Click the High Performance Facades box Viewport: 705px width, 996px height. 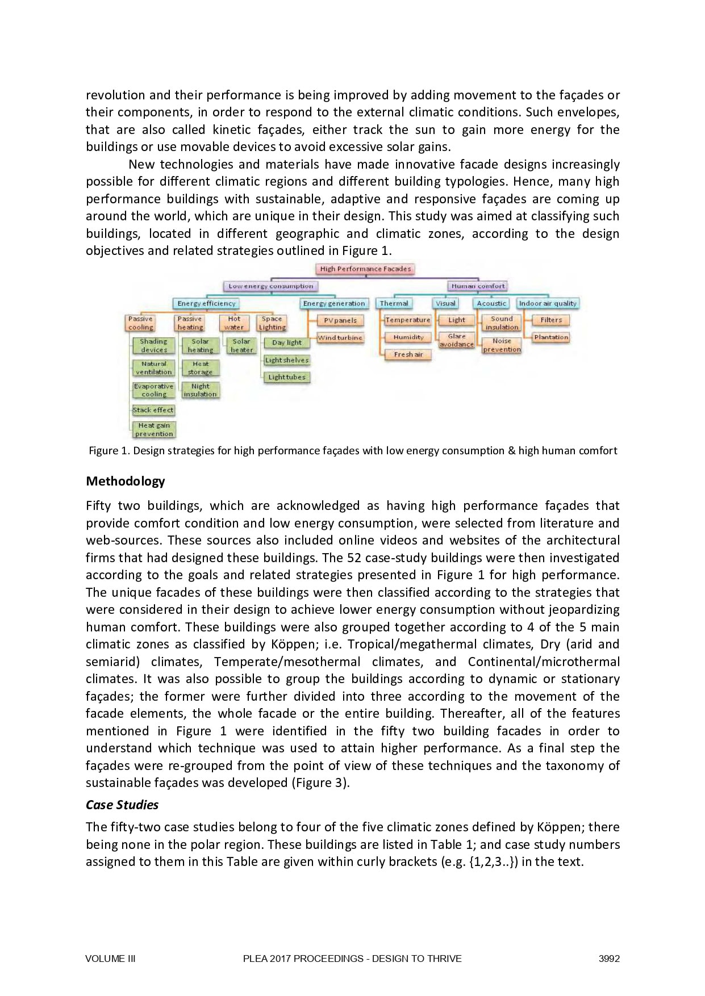365,269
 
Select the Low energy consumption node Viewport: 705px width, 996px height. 270,286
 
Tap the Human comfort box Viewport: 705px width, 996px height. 478,286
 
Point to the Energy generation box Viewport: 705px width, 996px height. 334,303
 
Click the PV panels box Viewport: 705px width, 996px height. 340,320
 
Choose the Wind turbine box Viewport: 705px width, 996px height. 340,337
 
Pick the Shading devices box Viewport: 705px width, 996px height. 153,345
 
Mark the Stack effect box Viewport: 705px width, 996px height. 153,410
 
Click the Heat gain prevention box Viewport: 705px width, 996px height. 154,429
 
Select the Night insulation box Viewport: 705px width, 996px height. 200,390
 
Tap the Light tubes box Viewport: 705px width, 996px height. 287,377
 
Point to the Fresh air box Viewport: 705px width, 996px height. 408,354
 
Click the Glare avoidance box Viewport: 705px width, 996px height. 456,340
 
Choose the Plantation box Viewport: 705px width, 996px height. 551,337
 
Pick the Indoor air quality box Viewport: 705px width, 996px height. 548,303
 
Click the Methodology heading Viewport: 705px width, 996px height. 125,481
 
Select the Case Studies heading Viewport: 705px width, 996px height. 122,805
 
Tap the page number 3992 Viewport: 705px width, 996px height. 609,959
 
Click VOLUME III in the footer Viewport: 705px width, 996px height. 110,959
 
